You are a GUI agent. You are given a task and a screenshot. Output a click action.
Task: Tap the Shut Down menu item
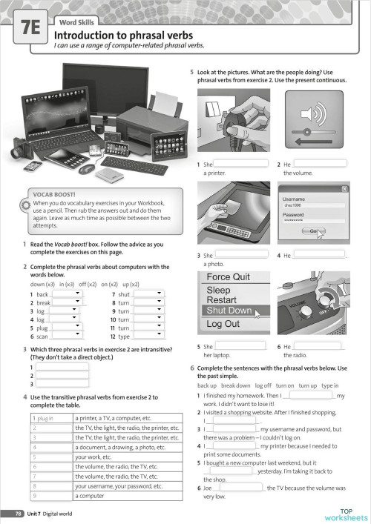click(x=229, y=310)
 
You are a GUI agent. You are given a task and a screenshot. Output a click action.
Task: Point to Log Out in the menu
click(x=223, y=324)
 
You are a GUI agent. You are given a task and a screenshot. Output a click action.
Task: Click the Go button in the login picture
click(x=314, y=232)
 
